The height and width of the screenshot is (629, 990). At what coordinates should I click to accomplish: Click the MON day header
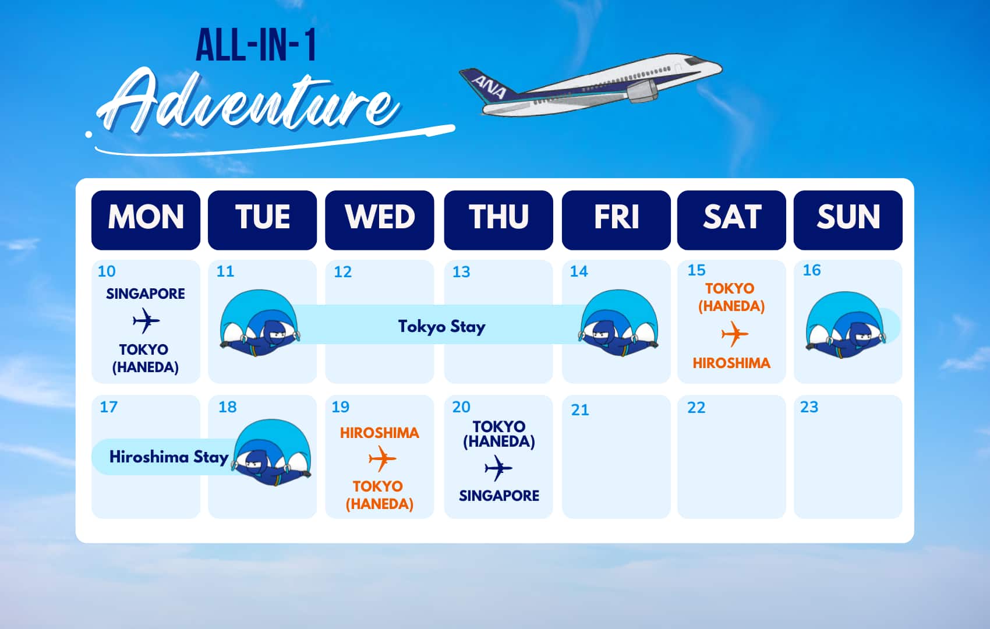146,220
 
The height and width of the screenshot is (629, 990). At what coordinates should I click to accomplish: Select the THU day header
498,220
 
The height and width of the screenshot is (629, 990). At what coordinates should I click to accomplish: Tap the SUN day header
848,220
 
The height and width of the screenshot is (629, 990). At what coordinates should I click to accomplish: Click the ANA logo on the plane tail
489,87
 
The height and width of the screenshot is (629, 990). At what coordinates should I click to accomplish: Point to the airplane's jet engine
642,91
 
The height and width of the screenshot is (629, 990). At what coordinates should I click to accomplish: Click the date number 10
107,271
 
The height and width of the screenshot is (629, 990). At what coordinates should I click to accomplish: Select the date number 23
809,407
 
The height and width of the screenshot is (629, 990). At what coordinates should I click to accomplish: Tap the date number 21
580,410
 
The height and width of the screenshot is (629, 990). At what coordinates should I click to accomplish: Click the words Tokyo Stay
441,327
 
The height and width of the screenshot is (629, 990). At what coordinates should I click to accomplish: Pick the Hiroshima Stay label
169,457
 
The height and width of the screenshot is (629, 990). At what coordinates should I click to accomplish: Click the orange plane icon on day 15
734,334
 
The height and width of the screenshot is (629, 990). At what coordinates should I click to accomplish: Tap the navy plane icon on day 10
146,320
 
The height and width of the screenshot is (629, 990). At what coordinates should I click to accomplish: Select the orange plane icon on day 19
382,458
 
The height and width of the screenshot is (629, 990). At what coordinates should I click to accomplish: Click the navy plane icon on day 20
498,468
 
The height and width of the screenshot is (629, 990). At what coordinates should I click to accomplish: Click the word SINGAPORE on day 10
146,294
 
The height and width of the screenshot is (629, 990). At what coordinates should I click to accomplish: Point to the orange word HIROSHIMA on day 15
731,363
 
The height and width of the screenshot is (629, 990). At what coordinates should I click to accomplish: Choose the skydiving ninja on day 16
846,325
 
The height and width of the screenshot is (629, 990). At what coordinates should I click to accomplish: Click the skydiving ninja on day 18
272,453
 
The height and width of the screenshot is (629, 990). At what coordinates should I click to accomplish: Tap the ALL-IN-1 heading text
256,45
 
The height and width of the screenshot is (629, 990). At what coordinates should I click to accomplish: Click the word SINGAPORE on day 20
499,496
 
